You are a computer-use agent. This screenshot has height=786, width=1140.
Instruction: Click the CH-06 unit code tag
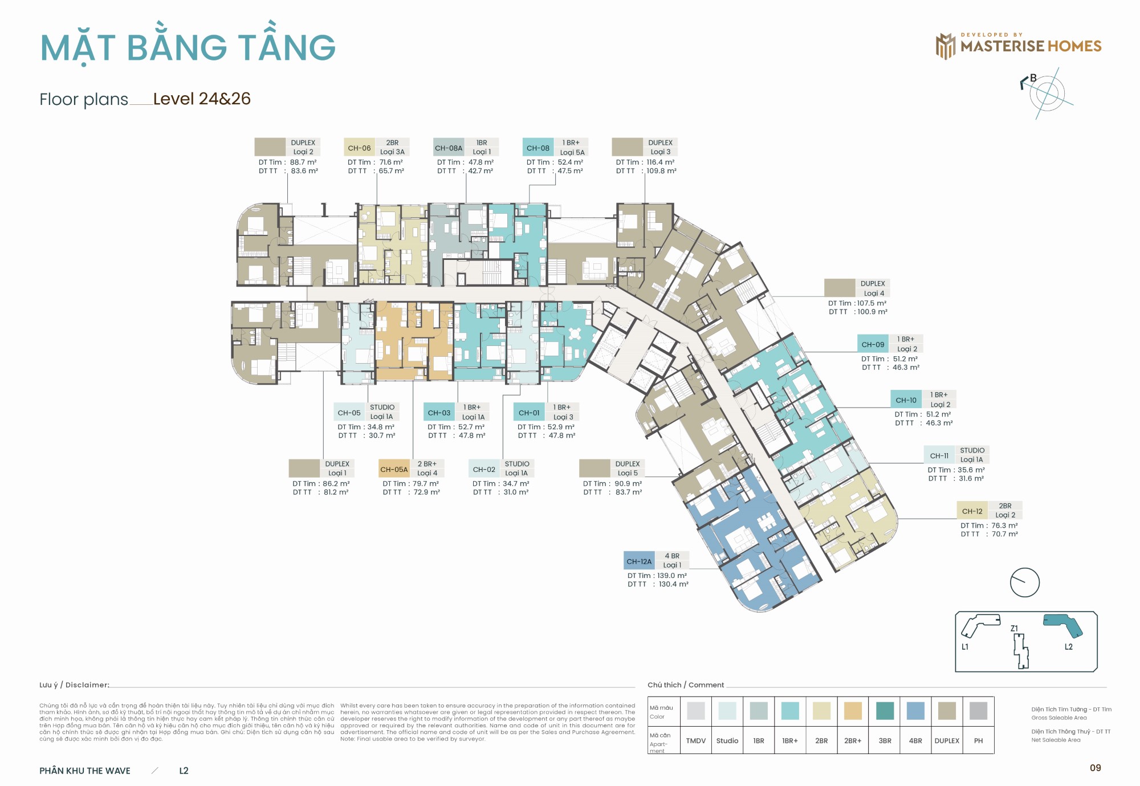359,148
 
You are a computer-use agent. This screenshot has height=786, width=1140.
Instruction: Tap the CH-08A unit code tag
449,148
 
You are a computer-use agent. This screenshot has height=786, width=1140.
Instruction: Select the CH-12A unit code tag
639,561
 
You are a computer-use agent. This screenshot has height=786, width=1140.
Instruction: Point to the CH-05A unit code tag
394,469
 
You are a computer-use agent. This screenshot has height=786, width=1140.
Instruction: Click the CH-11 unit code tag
939,455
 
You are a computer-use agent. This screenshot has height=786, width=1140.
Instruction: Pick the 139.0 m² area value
671,576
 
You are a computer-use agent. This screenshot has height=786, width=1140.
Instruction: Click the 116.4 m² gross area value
660,162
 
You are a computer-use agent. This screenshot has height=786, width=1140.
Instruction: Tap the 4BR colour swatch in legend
915,711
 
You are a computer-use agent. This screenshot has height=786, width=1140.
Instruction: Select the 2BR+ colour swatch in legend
853,711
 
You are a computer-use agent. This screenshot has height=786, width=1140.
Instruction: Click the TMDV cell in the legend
695,740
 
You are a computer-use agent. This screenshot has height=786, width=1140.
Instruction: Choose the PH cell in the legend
978,740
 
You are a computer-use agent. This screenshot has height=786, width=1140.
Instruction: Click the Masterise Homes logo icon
945,46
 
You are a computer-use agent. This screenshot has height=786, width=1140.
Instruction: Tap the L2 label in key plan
1068,646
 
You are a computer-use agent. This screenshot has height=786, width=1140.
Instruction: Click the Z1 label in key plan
1014,628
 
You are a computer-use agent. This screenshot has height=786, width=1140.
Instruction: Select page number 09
1095,768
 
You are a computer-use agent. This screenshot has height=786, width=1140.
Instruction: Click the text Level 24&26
202,99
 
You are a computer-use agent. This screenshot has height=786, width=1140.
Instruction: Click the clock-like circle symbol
1024,582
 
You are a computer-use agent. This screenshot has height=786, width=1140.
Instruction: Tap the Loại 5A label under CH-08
572,152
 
